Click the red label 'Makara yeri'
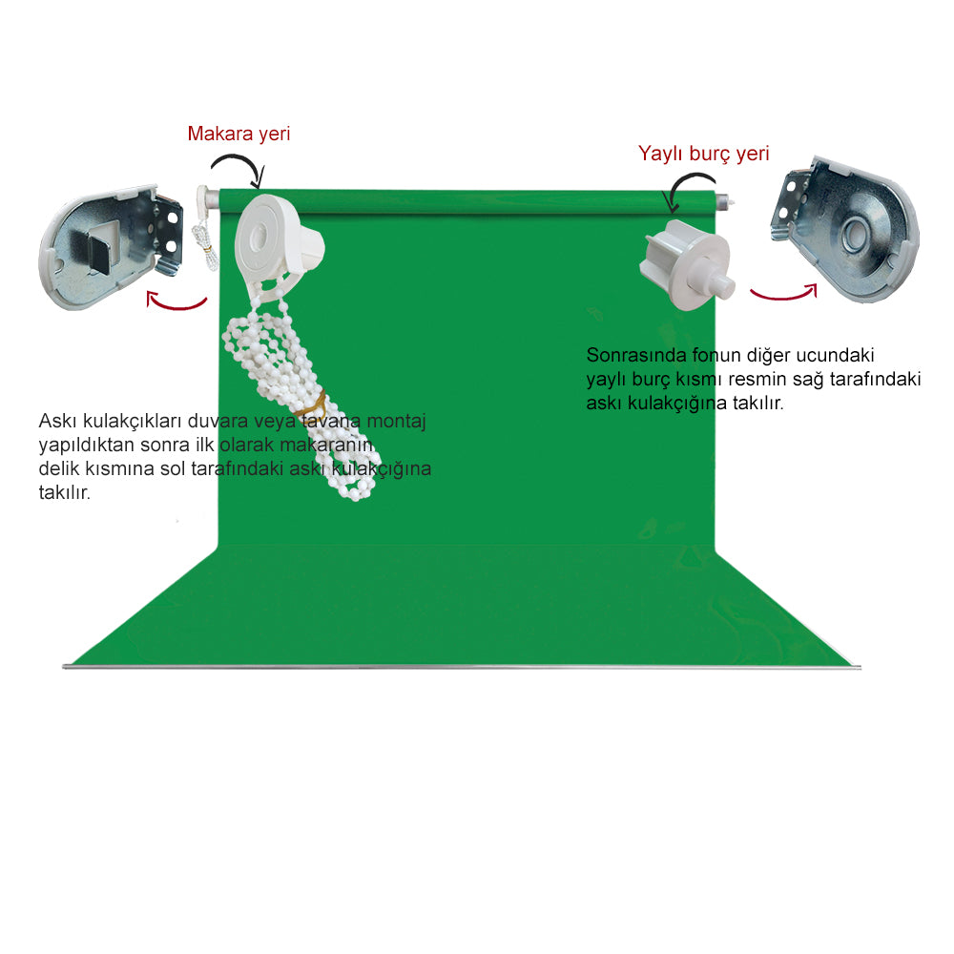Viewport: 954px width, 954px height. coord(238,134)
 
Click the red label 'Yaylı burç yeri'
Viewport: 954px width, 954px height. coord(703,153)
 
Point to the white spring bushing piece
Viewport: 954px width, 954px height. coord(686,268)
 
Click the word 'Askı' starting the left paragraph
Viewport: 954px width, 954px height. coord(54,421)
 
